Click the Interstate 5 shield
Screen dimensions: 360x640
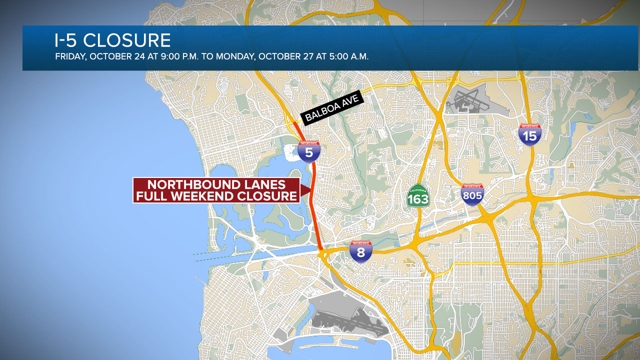pyautogui.click(x=309, y=151)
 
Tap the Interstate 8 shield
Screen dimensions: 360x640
pyautogui.click(x=360, y=251)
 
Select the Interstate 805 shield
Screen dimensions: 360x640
pyautogui.click(x=472, y=195)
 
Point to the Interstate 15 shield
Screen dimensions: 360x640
pyautogui.click(x=530, y=135)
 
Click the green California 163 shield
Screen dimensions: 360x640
pyautogui.click(x=418, y=196)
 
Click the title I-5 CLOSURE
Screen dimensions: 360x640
pyautogui.click(x=112, y=40)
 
